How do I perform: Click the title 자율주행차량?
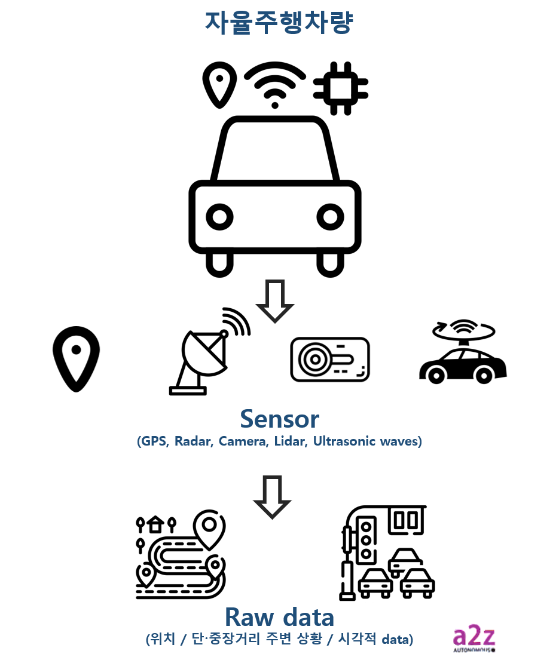[279, 23]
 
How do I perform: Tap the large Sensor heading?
[279, 419]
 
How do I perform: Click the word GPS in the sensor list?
[154, 442]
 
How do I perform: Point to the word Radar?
[193, 442]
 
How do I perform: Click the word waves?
[401, 442]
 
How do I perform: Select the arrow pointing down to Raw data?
[272, 497]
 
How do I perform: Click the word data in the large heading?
[308, 616]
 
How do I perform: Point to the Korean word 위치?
[164, 639]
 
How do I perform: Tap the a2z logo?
[474, 638]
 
